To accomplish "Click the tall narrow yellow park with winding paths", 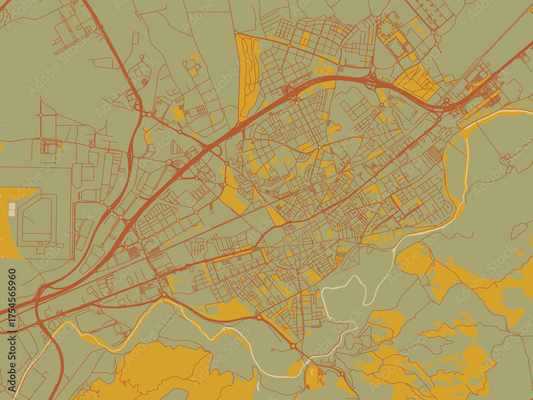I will pyautogui.click(x=247, y=75).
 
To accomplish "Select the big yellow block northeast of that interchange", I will pyautogui.click(x=416, y=83).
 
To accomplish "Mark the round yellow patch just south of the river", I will pyautogui.click(x=414, y=259).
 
